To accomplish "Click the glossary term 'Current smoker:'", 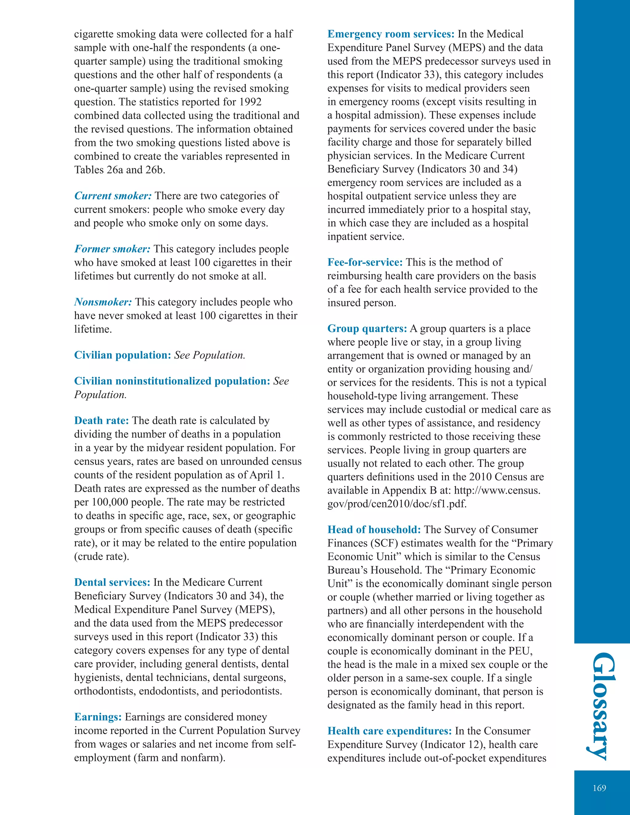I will pos(113,196).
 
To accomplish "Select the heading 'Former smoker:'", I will pos(112,249).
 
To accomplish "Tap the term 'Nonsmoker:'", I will pos(103,302).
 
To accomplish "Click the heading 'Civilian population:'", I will pos(122,355).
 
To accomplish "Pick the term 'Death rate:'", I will pos(102,420).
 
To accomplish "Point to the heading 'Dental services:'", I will pos(112,582).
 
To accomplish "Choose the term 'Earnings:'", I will pos(98,717).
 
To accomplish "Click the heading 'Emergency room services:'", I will pos(391,34).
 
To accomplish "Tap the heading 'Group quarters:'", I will pos(367,329).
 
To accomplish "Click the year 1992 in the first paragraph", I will pos(250,102).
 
